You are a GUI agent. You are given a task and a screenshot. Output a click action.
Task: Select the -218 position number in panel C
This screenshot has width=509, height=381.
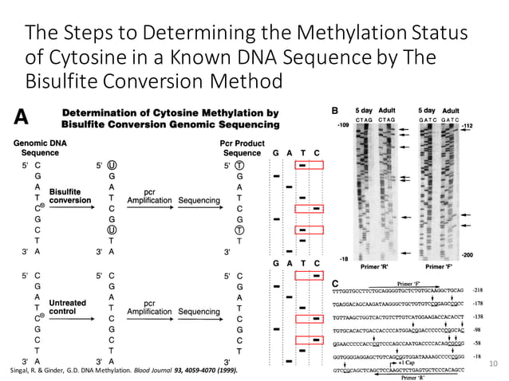[x=478, y=292]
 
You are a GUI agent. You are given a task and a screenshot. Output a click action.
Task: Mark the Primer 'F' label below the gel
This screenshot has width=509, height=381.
[x=448, y=265]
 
